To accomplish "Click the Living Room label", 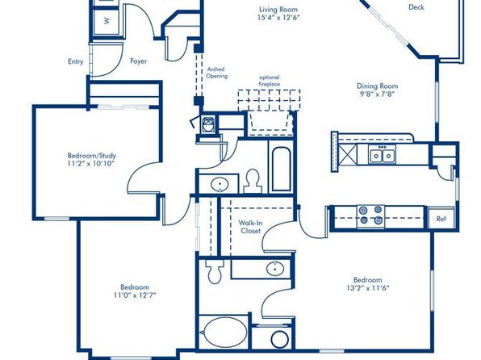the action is [x=278, y=10].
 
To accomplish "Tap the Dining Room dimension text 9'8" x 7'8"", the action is [x=377, y=94].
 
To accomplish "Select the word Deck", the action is [x=416, y=7].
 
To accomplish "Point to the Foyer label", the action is [x=138, y=61].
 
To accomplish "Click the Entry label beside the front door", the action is [x=76, y=61].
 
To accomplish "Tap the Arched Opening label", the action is [x=216, y=73].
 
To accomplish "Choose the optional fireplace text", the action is [x=269, y=81].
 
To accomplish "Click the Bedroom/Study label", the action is [x=92, y=155].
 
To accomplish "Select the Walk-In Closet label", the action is [x=250, y=227].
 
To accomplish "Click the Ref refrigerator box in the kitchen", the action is [x=441, y=218].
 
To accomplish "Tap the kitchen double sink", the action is [x=383, y=155].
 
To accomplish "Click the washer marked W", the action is [x=107, y=21].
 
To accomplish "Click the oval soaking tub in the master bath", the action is [x=225, y=332].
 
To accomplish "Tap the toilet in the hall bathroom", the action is [x=253, y=181].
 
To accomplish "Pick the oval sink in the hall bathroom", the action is [x=220, y=184].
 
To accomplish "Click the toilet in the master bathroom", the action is [x=215, y=271].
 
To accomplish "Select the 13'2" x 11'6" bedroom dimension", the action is [x=368, y=288].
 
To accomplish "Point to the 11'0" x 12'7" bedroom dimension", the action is [x=135, y=295].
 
